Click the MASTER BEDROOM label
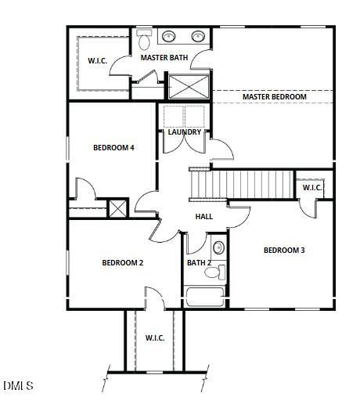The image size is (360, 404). click(x=274, y=96)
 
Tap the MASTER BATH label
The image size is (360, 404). click(x=164, y=57)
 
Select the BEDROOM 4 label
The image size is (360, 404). click(x=113, y=147)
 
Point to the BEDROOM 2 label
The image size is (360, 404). click(x=122, y=262)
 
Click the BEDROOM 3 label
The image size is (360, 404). click(x=283, y=250)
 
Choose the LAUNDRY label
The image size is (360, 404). click(x=185, y=132)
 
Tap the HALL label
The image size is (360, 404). click(x=203, y=217)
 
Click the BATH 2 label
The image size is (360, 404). click(x=199, y=262)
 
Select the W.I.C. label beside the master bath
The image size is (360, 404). click(x=97, y=60)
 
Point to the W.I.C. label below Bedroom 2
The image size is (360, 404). click(x=154, y=337)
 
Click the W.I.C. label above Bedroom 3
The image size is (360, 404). click(x=312, y=187)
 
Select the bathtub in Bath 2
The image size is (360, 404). click(x=205, y=298)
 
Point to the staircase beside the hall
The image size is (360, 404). click(x=242, y=185)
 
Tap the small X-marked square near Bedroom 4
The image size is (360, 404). click(x=117, y=208)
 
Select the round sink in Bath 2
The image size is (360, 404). click(x=218, y=248)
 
